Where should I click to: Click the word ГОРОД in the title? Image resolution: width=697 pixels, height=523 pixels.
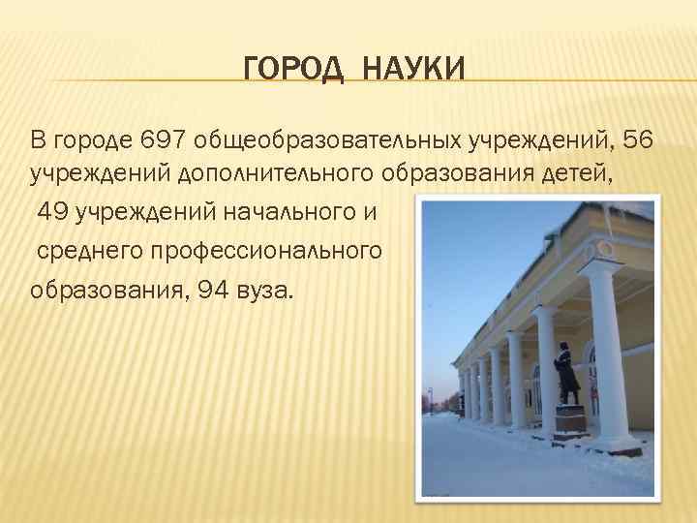click(x=282, y=70)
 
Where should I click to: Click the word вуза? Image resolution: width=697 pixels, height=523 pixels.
click(x=267, y=289)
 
